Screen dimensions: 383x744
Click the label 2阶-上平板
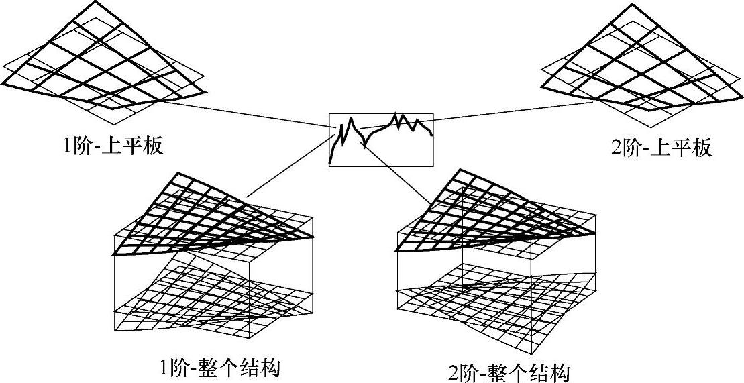[x=661, y=148]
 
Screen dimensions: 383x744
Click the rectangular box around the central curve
[x=381, y=139]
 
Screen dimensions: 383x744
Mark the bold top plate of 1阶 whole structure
[x=201, y=215]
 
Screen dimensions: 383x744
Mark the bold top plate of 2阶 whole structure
[x=490, y=215]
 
